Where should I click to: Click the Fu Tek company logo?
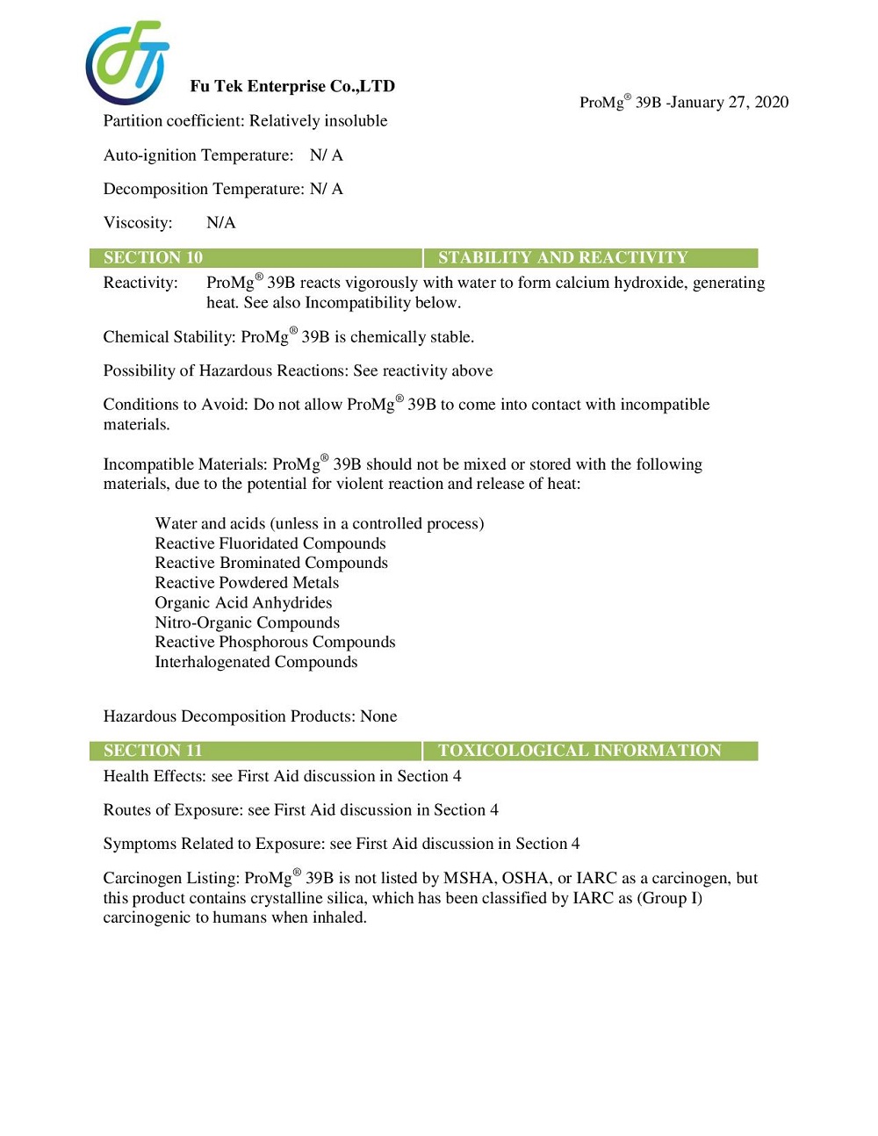(x=127, y=62)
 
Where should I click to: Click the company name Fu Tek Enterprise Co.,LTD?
(x=292, y=86)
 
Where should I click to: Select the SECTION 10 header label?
(x=153, y=257)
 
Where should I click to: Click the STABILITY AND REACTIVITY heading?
(x=563, y=257)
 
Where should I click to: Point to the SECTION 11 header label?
(x=153, y=751)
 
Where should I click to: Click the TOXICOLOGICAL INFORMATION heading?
(x=579, y=751)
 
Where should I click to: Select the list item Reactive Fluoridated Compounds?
(x=270, y=543)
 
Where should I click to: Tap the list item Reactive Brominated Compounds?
(x=271, y=563)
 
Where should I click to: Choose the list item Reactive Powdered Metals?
(x=247, y=583)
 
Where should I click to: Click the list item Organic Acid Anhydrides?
(x=243, y=602)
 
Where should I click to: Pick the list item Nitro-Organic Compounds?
(x=247, y=622)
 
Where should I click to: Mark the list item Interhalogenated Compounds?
(x=256, y=662)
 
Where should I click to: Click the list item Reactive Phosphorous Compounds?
(x=275, y=642)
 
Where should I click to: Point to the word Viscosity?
(x=136, y=223)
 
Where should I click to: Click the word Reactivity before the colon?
(x=139, y=283)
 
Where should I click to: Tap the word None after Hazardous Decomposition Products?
(x=378, y=716)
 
